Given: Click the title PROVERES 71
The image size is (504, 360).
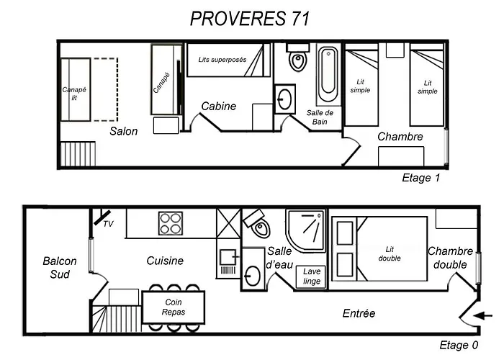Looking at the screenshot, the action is pyautogui.click(x=250, y=18).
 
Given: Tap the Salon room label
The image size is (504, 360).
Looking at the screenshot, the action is pyautogui.click(x=123, y=131).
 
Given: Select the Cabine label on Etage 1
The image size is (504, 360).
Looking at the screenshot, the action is pyautogui.click(x=219, y=106).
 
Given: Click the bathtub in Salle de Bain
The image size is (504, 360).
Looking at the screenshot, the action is pyautogui.click(x=328, y=75).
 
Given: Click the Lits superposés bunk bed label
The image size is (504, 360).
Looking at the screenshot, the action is pyautogui.click(x=222, y=60).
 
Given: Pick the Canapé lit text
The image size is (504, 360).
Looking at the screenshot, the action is pyautogui.click(x=74, y=94).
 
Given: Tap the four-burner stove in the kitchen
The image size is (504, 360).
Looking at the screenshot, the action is pyautogui.click(x=171, y=223).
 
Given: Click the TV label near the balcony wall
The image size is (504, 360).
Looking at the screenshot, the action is pyautogui.click(x=108, y=224).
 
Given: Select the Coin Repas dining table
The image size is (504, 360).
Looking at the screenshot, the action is pyautogui.click(x=174, y=307).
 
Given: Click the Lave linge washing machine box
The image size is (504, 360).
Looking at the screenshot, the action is pyautogui.click(x=311, y=276).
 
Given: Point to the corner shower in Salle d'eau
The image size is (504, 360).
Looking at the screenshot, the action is pyautogui.click(x=306, y=230).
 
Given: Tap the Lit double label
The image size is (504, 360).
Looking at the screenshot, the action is pyautogui.click(x=390, y=254).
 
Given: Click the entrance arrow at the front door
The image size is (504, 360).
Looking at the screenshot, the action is pyautogui.click(x=483, y=316).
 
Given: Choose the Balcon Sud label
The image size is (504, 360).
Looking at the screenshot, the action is pyautogui.click(x=60, y=267).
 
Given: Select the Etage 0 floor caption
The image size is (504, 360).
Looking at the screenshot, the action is pyautogui.click(x=459, y=345).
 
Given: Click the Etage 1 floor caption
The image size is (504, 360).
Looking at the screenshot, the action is pyautogui.click(x=420, y=178).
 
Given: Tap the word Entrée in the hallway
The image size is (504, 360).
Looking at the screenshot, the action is pyautogui.click(x=359, y=313).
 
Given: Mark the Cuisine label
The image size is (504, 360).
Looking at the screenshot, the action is pyautogui.click(x=165, y=261).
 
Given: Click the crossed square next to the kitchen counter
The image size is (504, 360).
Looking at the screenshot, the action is pyautogui.click(x=228, y=223).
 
